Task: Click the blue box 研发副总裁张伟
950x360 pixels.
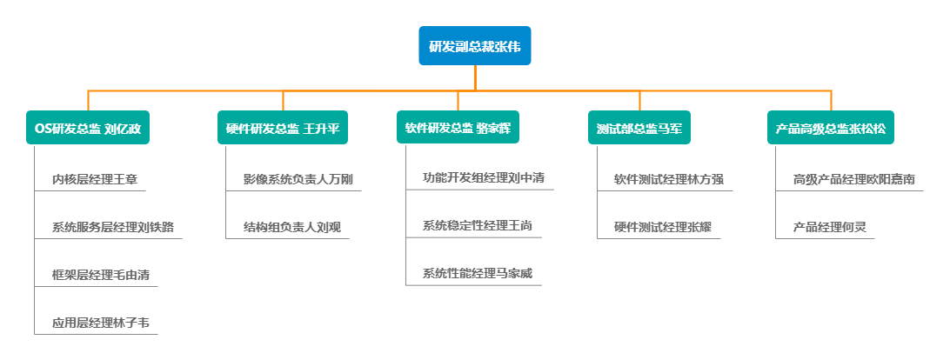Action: click(x=475, y=46)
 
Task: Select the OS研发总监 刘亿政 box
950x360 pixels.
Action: click(x=87, y=129)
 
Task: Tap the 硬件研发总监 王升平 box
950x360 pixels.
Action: click(x=283, y=129)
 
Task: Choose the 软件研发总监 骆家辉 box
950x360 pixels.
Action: click(x=458, y=127)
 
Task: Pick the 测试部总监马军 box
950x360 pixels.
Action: click(x=639, y=129)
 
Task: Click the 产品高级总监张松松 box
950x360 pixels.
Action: click(x=831, y=129)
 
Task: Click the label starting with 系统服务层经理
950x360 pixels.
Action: click(x=112, y=228)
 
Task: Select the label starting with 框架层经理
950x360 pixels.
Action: click(x=100, y=275)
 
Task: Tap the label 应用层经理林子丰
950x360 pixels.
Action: click(x=100, y=323)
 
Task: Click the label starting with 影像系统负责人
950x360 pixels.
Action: click(x=298, y=180)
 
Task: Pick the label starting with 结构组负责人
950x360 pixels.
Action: click(x=291, y=228)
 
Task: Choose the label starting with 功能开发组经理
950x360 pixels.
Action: click(x=483, y=178)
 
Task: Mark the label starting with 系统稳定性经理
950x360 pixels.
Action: click(x=477, y=226)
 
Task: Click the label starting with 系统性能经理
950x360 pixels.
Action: click(x=477, y=274)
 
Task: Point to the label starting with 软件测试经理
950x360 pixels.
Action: click(x=668, y=180)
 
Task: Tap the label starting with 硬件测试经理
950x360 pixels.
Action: click(x=662, y=228)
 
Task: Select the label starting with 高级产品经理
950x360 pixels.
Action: click(x=853, y=180)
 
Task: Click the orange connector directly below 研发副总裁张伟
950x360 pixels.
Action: click(x=475, y=77)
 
